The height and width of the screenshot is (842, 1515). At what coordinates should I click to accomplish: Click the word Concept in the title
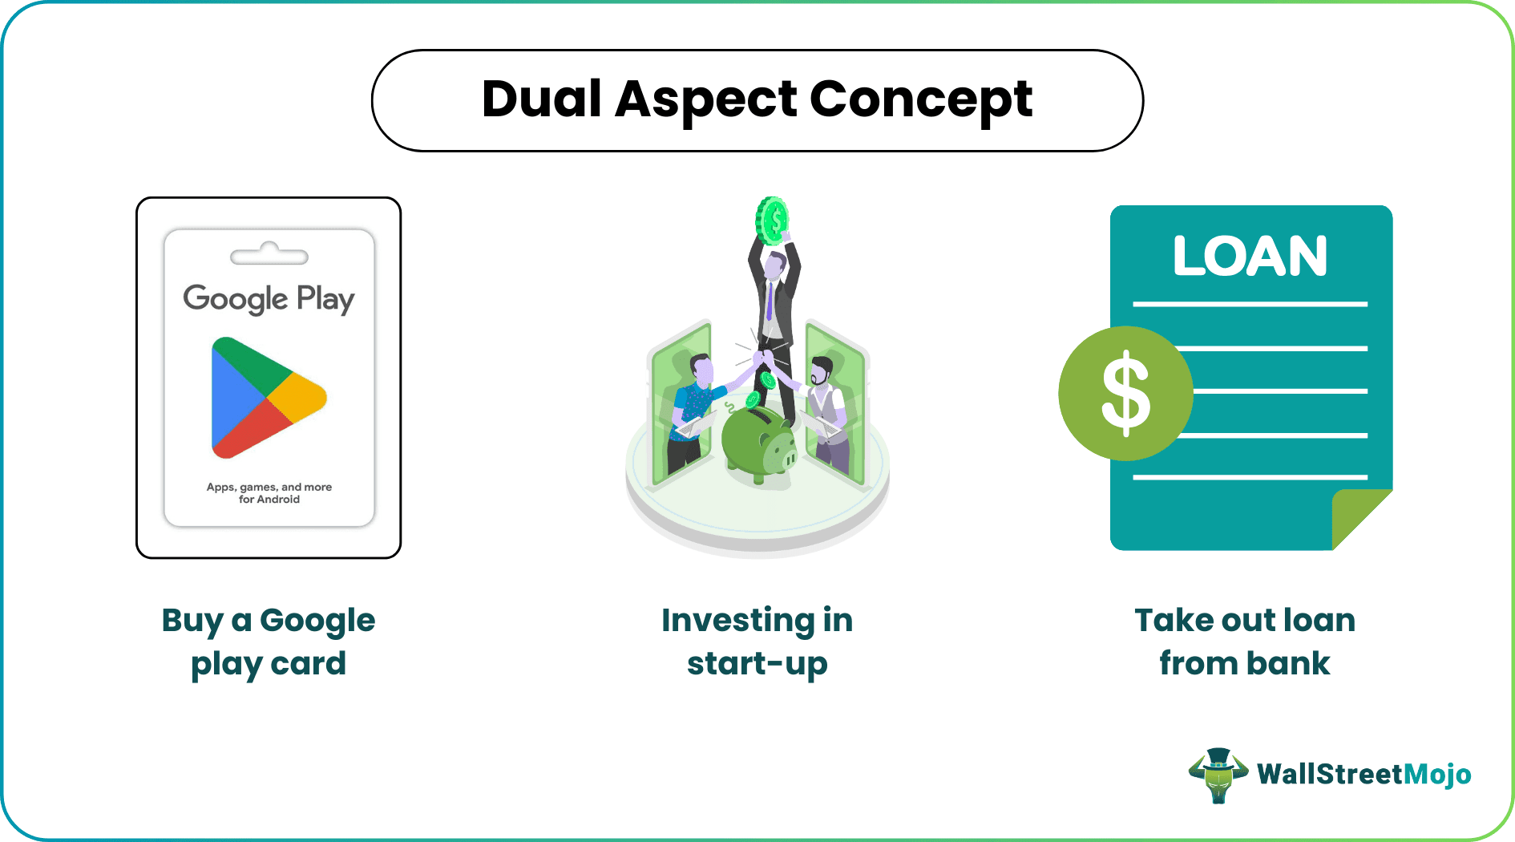pos(920,99)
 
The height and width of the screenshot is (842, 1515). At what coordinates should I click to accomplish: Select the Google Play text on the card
pos(269,299)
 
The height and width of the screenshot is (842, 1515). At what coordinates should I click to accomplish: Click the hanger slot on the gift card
pos(269,255)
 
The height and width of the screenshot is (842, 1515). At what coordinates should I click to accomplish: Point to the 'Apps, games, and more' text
pos(269,487)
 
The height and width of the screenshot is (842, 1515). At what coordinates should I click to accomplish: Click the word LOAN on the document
pos(1250,257)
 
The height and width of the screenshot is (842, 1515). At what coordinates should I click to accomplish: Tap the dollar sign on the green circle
pos(1125,394)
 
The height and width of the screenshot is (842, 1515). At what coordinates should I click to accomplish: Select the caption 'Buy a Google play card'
pos(269,642)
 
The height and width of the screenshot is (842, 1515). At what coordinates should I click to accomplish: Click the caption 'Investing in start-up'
pos(757,642)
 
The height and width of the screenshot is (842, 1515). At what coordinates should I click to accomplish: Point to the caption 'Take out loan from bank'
pos(1245,642)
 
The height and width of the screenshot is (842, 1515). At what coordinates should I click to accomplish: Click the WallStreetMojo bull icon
pos(1218,775)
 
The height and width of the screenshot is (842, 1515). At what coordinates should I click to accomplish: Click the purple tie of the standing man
pos(770,301)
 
